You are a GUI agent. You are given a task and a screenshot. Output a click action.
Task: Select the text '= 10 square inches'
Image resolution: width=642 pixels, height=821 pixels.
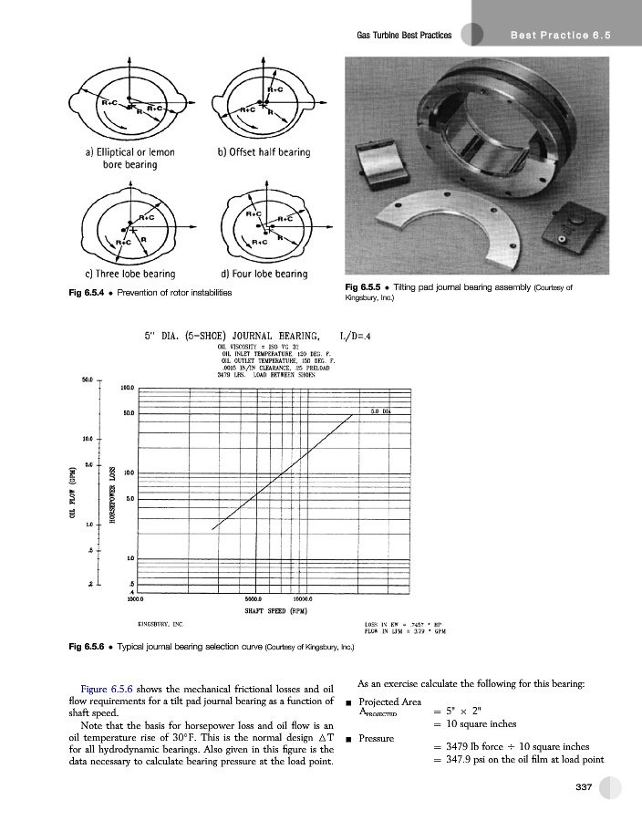[x=475, y=724]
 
